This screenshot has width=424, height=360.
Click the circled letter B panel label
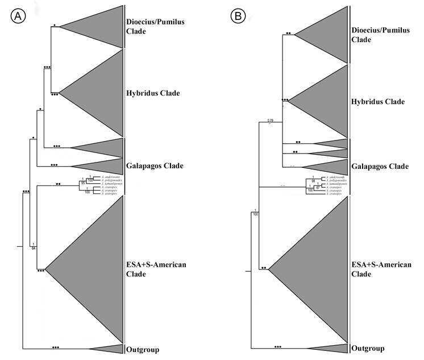[237, 16]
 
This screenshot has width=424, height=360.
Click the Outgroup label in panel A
[142, 349]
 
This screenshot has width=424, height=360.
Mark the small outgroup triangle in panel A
[110, 349]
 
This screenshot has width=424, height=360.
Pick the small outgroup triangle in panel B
[334, 348]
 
